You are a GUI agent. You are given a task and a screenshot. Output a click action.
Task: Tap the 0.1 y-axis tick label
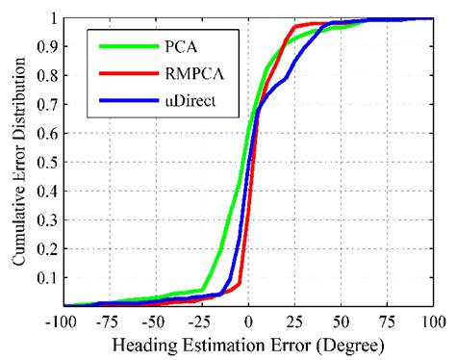(x=44, y=278)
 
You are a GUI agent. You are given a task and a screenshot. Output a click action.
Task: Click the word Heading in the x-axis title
(x=142, y=342)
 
